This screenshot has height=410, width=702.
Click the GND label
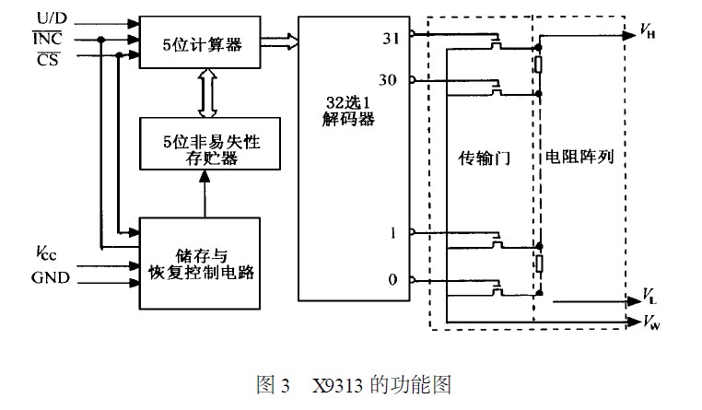coord(50,275)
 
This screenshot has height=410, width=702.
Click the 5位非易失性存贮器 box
coord(199,143)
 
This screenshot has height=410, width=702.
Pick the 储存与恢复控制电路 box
coord(199,263)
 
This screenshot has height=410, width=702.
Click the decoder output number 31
coord(390,38)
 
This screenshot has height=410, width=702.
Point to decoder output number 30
coord(388,80)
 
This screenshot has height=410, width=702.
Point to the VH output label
coord(649,32)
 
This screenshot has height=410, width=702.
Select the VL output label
coord(649,299)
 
